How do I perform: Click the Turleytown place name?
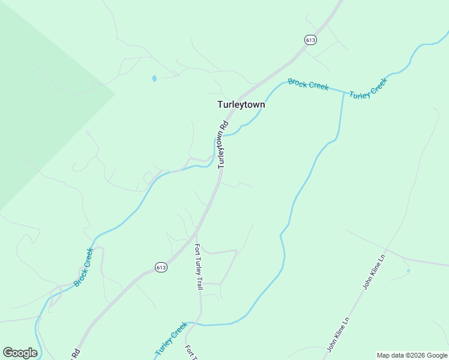[x=241, y=104]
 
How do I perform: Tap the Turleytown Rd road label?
[x=223, y=144]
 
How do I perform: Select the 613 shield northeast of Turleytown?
[x=310, y=40]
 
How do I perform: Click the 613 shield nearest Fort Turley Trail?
[x=160, y=266]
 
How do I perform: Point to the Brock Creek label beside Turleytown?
[x=308, y=84]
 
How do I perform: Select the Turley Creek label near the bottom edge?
[x=172, y=339]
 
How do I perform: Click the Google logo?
[x=20, y=353]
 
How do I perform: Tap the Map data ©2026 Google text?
[x=412, y=355]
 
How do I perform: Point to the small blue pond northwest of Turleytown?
[x=154, y=79]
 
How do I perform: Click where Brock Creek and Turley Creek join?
[x=344, y=92]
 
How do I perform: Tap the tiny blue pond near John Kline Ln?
[x=408, y=271]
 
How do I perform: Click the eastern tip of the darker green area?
[x=115, y=93]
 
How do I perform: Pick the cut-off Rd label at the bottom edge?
[x=76, y=354]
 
